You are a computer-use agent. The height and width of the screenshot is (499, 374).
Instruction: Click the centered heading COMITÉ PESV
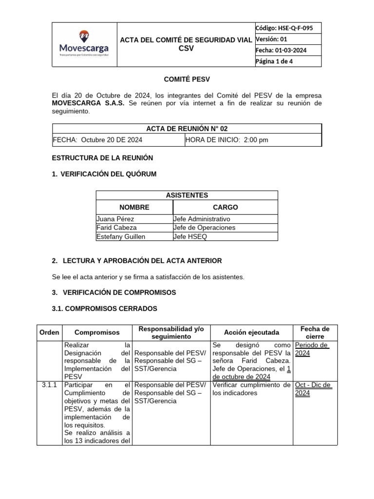coord(187,79)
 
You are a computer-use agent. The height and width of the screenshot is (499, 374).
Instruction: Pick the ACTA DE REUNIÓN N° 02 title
coord(187,129)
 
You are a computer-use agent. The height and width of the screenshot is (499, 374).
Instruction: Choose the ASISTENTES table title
coord(187,195)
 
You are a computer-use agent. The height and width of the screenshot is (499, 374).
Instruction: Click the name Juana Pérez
coord(115,219)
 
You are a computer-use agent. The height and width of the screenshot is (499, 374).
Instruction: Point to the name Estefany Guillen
coord(121,236)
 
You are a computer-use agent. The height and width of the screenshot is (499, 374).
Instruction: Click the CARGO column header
coord(225,207)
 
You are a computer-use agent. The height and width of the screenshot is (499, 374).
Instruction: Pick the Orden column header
coord(49,332)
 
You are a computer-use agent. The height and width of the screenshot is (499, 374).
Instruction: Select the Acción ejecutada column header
coord(251,332)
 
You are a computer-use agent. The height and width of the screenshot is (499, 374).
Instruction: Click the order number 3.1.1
coord(49,385)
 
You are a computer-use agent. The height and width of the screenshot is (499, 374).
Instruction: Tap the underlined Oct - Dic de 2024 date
coord(313,389)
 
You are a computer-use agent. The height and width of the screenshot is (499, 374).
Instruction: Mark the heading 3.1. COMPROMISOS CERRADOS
coord(104,308)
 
